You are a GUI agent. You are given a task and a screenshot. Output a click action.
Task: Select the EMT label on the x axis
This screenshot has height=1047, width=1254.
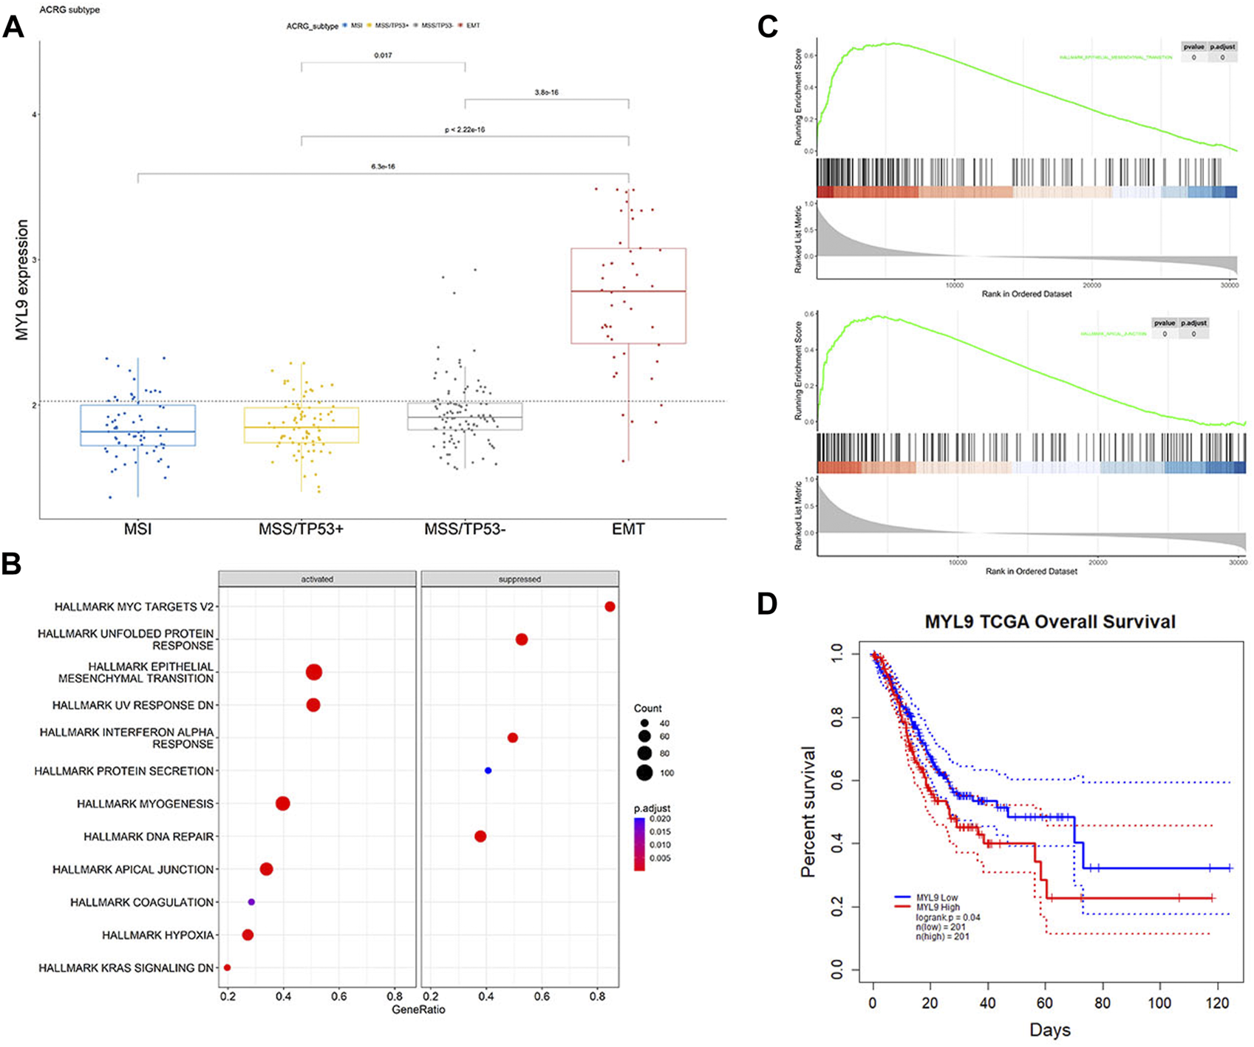[x=628, y=529]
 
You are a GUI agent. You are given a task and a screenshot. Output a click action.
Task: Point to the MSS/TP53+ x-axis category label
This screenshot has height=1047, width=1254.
[x=301, y=529]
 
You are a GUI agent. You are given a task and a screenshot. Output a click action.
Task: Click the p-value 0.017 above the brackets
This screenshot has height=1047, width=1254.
[x=383, y=55]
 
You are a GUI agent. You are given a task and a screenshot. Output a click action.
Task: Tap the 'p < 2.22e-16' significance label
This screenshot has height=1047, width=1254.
[x=464, y=129]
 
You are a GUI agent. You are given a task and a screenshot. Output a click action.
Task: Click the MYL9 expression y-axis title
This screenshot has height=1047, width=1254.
[x=22, y=280]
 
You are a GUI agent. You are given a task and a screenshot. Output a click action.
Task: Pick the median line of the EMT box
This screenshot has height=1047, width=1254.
[x=628, y=291]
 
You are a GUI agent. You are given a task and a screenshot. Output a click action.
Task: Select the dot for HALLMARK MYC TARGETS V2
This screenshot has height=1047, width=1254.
[x=610, y=607]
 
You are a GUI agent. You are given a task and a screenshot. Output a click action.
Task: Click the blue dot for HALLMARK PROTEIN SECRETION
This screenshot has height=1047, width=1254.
[x=488, y=771]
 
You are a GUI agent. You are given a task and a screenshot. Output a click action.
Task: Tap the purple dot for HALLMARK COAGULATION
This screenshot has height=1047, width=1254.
[x=251, y=902]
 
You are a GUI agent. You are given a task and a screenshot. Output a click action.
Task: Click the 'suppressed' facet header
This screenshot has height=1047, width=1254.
[x=519, y=579]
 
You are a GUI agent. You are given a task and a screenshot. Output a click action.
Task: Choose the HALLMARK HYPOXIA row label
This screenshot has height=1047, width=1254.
[x=158, y=935]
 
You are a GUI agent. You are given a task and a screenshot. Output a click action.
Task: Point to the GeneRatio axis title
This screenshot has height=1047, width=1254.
[x=419, y=1009]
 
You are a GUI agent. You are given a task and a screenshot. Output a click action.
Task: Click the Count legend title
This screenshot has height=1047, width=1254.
[x=648, y=708]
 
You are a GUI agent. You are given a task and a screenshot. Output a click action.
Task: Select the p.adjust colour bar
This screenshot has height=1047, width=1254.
[x=639, y=844]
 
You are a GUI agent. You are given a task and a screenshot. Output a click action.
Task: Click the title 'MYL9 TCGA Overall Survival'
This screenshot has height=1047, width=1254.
[x=1050, y=621]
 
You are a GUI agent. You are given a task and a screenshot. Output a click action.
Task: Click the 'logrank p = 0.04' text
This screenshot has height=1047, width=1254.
[x=948, y=917]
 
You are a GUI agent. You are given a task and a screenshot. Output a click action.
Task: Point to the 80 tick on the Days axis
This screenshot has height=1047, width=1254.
[x=1103, y=1005]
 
